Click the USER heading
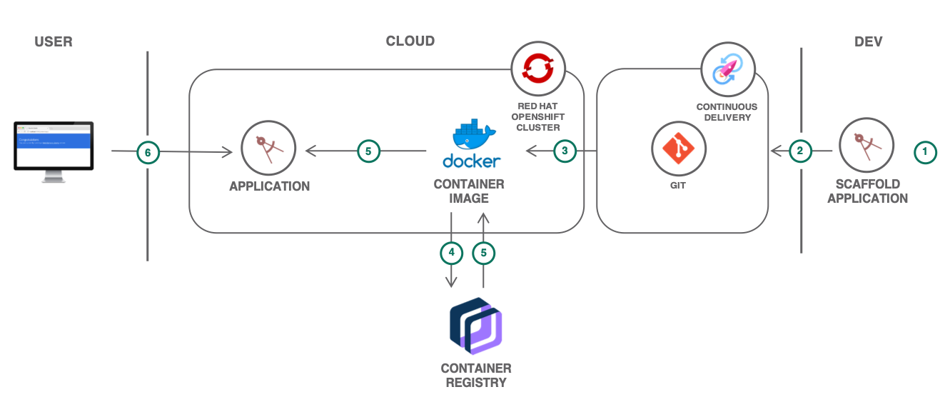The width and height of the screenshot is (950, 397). (x=54, y=41)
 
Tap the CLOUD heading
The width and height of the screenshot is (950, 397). (x=410, y=41)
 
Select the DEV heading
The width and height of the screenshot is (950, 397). (x=868, y=41)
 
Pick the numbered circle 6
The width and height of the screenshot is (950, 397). (x=148, y=151)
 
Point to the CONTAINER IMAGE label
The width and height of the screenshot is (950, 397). (x=469, y=191)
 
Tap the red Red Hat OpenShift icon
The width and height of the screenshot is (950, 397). (x=538, y=69)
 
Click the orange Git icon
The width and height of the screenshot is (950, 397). (x=678, y=147)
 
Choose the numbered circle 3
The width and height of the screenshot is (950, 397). (x=565, y=151)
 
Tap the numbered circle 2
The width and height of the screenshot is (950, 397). (x=800, y=151)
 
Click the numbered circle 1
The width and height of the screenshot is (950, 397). (x=926, y=151)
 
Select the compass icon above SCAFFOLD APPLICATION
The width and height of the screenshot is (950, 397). (x=866, y=147)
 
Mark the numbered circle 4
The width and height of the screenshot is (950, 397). (x=451, y=252)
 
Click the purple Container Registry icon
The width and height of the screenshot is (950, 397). (x=476, y=327)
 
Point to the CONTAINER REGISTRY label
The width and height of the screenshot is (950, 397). (x=476, y=375)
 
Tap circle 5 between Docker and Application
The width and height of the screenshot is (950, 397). (x=368, y=151)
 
